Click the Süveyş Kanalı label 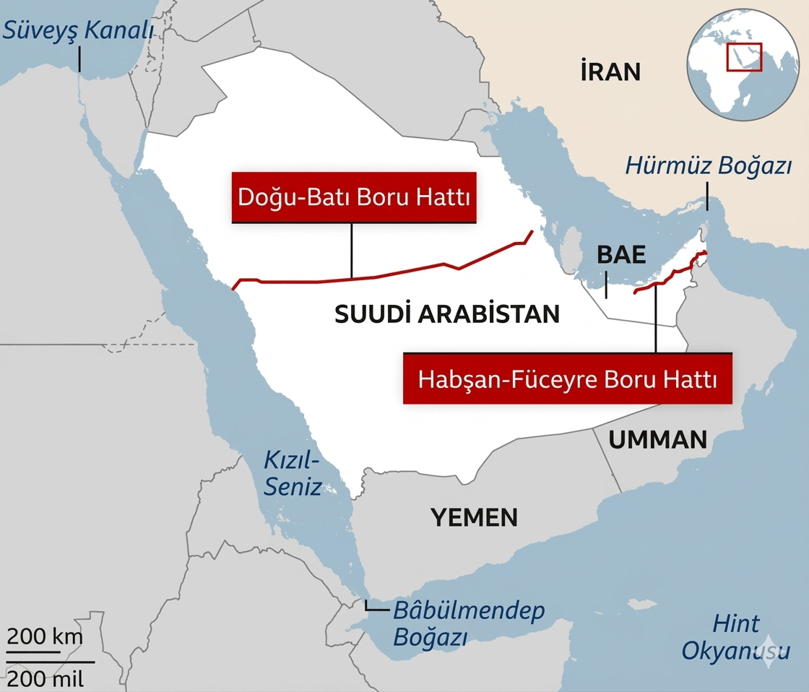[x=79, y=30]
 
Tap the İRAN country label [x=610, y=72]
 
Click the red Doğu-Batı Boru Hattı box [x=354, y=197]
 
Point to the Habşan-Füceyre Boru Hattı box [x=568, y=379]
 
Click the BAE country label [x=620, y=254]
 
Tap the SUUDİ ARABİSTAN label [x=447, y=313]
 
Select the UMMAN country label [x=657, y=439]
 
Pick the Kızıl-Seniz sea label [x=292, y=473]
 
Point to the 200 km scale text [x=45, y=637]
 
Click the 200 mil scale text [x=45, y=679]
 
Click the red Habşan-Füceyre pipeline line [x=672, y=274]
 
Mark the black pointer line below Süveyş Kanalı [x=79, y=59]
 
